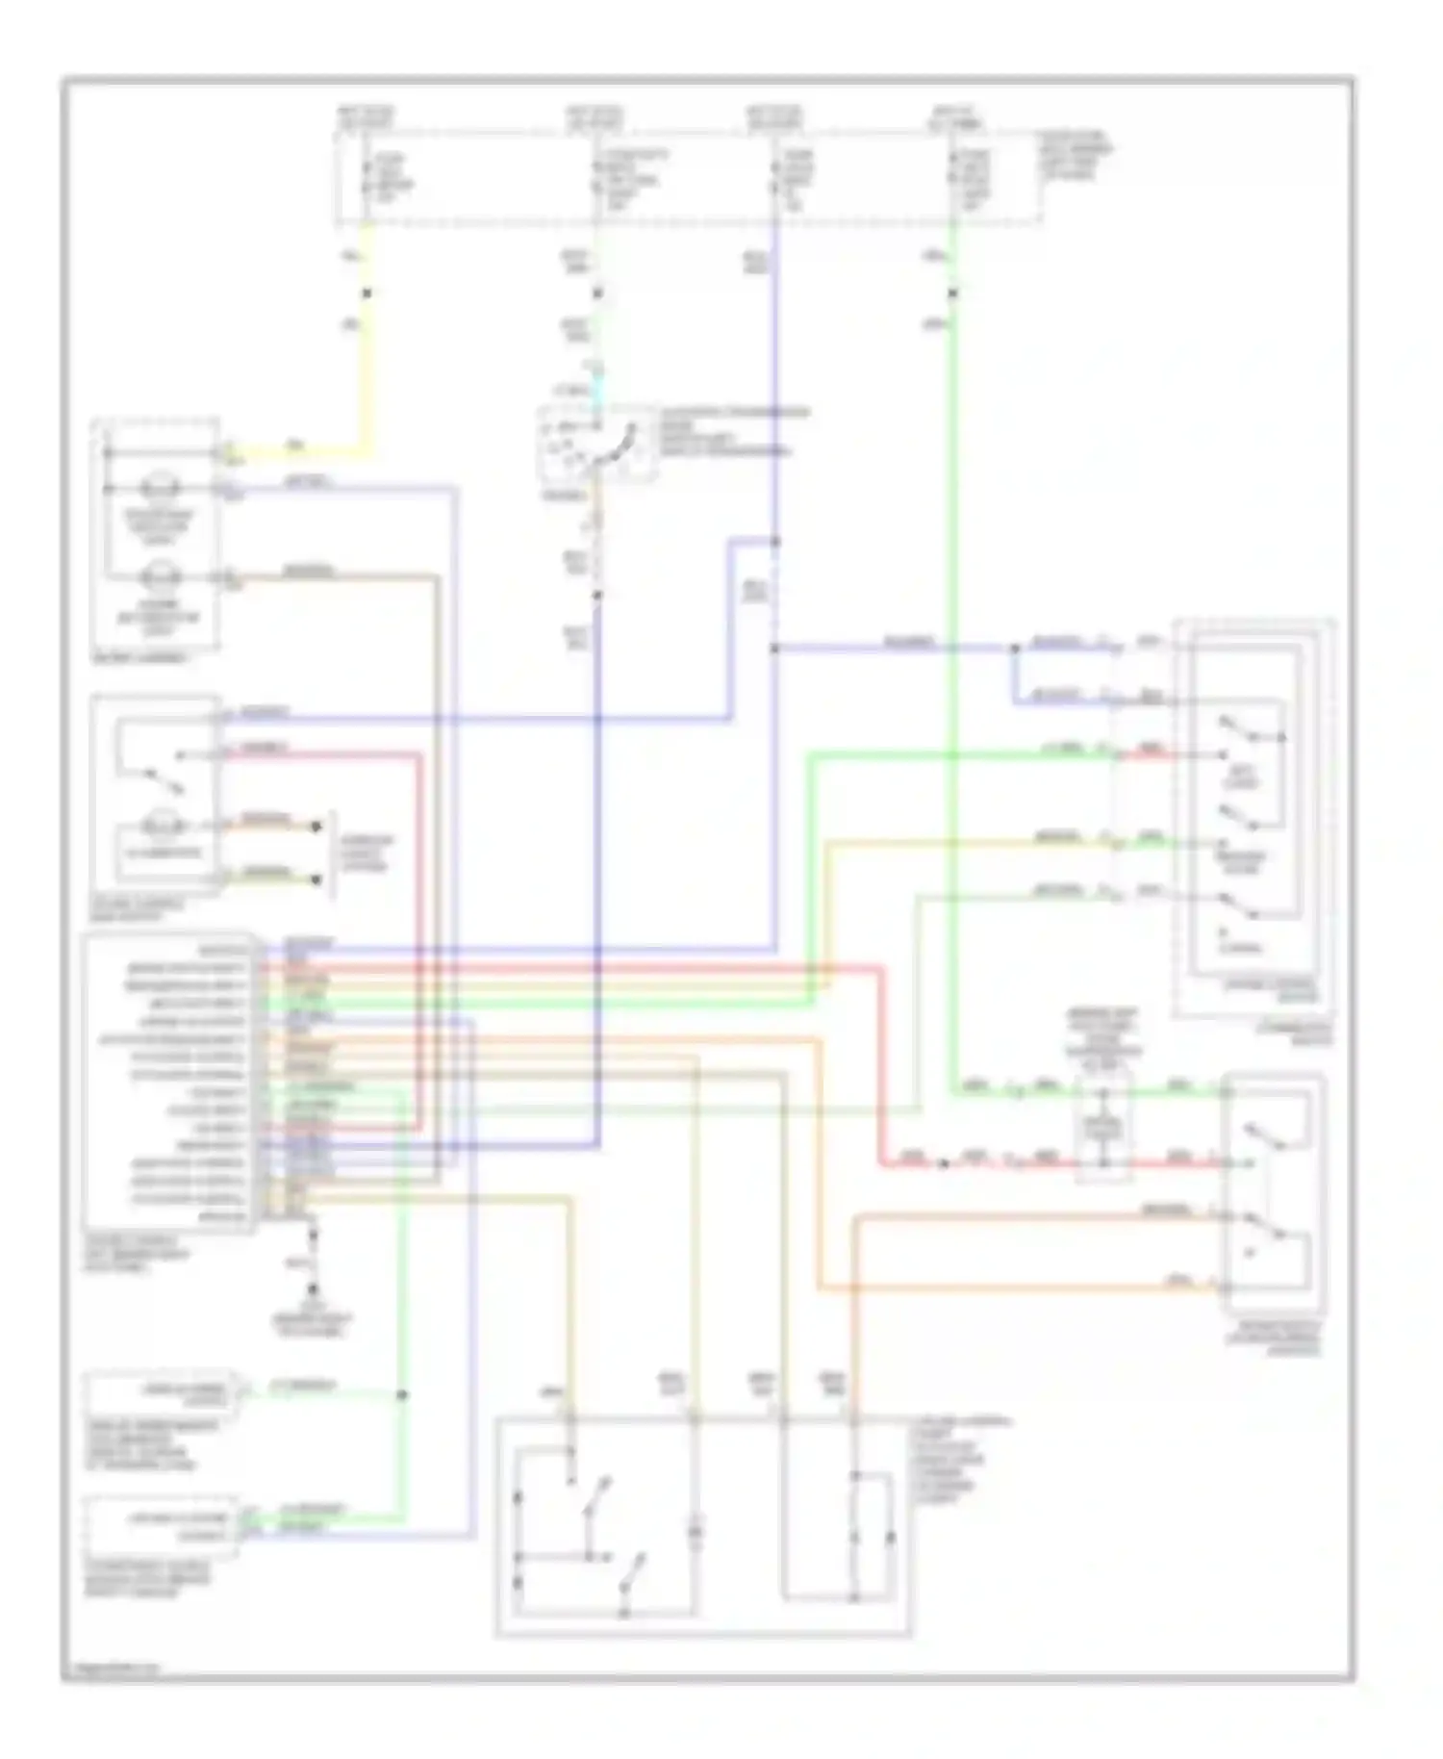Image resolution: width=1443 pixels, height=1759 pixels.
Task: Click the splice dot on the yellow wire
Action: pos(366,293)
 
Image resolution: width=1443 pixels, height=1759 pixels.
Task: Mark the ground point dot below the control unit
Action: pos(313,1288)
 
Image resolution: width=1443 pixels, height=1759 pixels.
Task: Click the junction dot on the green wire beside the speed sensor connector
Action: pos(402,1394)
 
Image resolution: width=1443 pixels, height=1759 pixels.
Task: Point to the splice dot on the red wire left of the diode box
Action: pos(943,1164)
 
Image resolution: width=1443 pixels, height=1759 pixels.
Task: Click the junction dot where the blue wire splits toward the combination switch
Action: pos(1013,649)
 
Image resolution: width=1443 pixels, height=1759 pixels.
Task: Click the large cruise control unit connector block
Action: pos(171,1083)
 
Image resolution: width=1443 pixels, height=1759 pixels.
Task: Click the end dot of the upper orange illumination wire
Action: pos(316,826)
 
